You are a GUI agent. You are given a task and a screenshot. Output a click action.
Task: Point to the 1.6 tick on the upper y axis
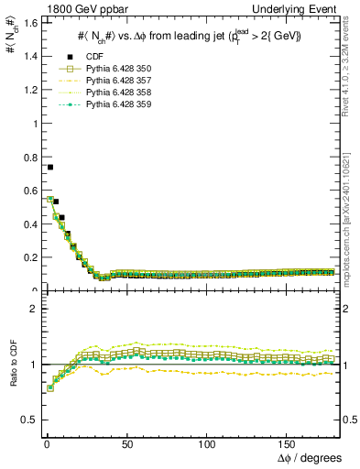coord(27,22)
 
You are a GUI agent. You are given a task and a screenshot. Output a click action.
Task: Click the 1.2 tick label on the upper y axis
coord(27,89)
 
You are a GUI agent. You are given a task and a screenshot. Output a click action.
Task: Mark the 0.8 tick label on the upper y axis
coord(27,157)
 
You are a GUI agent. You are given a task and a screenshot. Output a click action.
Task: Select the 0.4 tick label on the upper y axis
coord(27,224)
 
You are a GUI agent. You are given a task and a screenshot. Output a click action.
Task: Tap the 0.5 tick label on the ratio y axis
coord(27,420)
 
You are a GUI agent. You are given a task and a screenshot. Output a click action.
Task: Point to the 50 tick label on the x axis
coord(126,443)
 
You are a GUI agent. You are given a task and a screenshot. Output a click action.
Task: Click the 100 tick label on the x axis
coord(207,443)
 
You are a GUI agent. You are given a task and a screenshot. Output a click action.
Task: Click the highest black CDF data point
coord(49,168)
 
